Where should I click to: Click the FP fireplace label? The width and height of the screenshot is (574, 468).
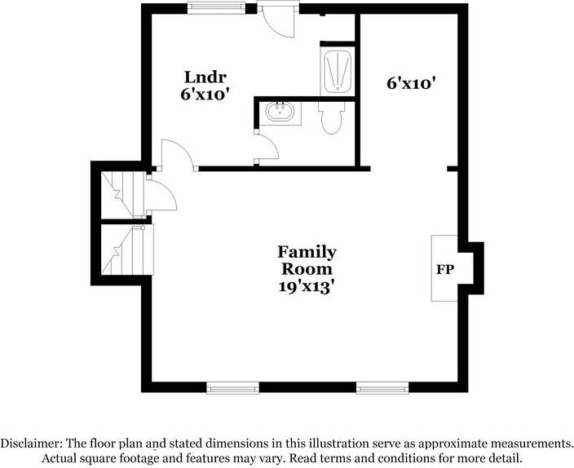click(445, 269)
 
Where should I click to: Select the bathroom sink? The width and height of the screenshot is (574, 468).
click(280, 112)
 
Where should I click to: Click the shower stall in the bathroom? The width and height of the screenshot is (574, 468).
click(337, 73)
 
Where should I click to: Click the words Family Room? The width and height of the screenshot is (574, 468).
click(307, 260)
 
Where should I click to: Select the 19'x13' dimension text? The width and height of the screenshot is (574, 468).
click(307, 286)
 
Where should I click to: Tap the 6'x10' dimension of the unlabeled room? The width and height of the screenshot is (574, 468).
click(414, 82)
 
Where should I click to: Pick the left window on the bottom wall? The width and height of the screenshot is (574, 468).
click(232, 388)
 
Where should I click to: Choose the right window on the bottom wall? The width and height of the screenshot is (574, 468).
click(382, 388)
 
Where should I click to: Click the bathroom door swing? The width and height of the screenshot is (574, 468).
click(267, 147)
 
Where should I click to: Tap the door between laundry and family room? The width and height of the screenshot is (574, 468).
click(177, 154)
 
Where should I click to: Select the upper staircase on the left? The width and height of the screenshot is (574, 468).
click(122, 195)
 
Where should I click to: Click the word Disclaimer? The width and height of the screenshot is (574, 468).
click(30, 443)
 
